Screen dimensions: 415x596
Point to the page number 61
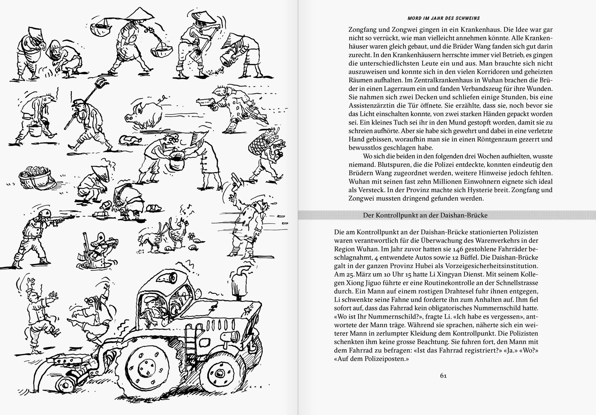443,376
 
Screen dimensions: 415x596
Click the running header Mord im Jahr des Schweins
444,18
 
